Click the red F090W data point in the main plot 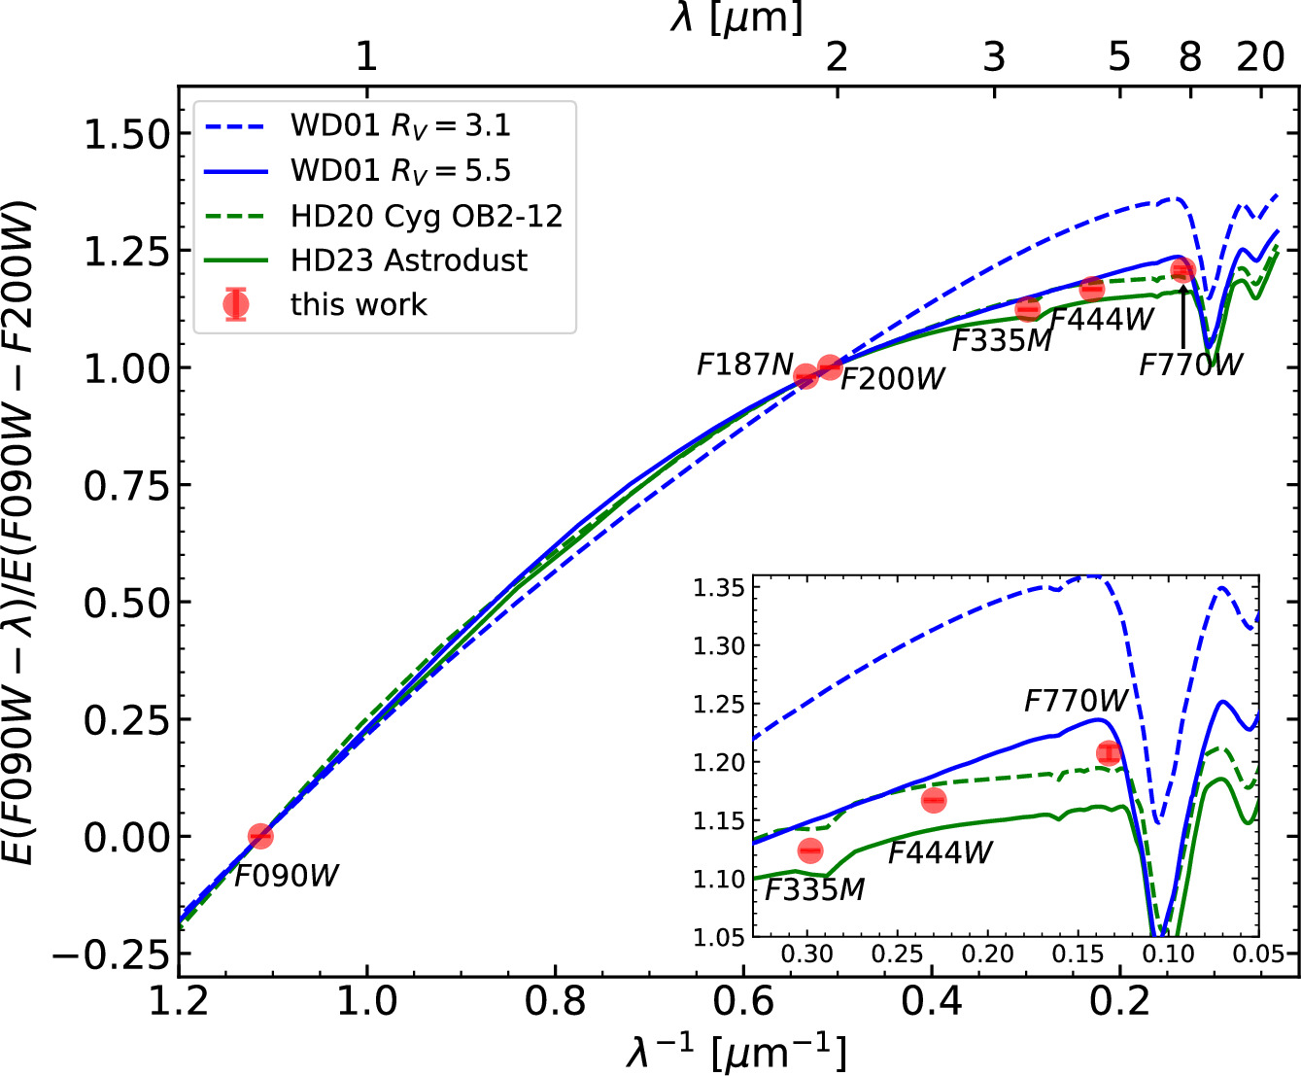click(x=259, y=836)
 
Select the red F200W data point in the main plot click(x=830, y=367)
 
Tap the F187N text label click(x=745, y=364)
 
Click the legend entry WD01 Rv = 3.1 click(x=400, y=125)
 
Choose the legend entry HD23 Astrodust click(x=408, y=260)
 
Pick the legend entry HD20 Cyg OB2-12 click(x=426, y=216)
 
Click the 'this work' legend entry click(x=359, y=304)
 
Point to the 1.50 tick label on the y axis click(x=126, y=134)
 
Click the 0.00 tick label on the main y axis click(x=126, y=837)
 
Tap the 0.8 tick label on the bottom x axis click(x=555, y=1000)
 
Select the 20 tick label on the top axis click(x=1260, y=57)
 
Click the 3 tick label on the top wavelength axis click(x=993, y=57)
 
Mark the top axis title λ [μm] click(x=736, y=17)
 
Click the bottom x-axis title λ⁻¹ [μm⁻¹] click(x=736, y=1053)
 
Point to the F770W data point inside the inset click(x=1109, y=753)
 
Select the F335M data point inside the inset click(x=810, y=850)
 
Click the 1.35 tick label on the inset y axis click(x=719, y=587)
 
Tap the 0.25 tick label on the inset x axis click(x=897, y=955)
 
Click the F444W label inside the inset click(x=940, y=852)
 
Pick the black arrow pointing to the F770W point click(x=1182, y=316)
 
